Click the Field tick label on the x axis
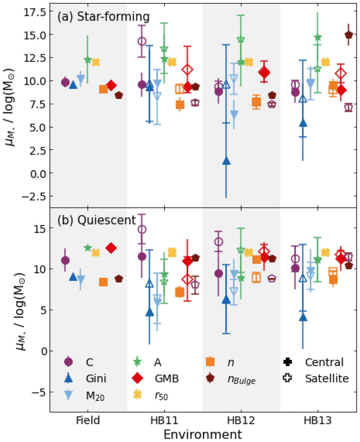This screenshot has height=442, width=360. [x=88, y=420]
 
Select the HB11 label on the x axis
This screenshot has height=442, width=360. [x=164, y=420]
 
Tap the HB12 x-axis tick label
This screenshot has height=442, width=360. [x=241, y=420]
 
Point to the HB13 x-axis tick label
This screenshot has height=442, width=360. [x=318, y=420]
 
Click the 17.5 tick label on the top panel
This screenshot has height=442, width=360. [x=34, y=12]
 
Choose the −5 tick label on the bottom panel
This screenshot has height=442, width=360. [x=37, y=392]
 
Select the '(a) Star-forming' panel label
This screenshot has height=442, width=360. [x=103, y=17]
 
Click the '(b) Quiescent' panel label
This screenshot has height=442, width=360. [x=97, y=220]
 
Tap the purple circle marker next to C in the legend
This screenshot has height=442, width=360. [x=69, y=362]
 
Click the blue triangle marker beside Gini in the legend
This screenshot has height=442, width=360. [x=69, y=378]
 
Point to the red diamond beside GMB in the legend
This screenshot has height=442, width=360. [x=137, y=378]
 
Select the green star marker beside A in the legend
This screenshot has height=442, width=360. [x=137, y=362]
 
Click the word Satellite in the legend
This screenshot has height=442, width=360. [x=327, y=378]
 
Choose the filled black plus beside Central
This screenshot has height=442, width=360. [x=288, y=362]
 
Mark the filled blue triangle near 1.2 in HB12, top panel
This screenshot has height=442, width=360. [x=227, y=161]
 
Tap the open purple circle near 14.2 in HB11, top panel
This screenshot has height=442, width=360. [x=142, y=41]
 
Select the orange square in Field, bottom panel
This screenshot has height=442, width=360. [x=103, y=282]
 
